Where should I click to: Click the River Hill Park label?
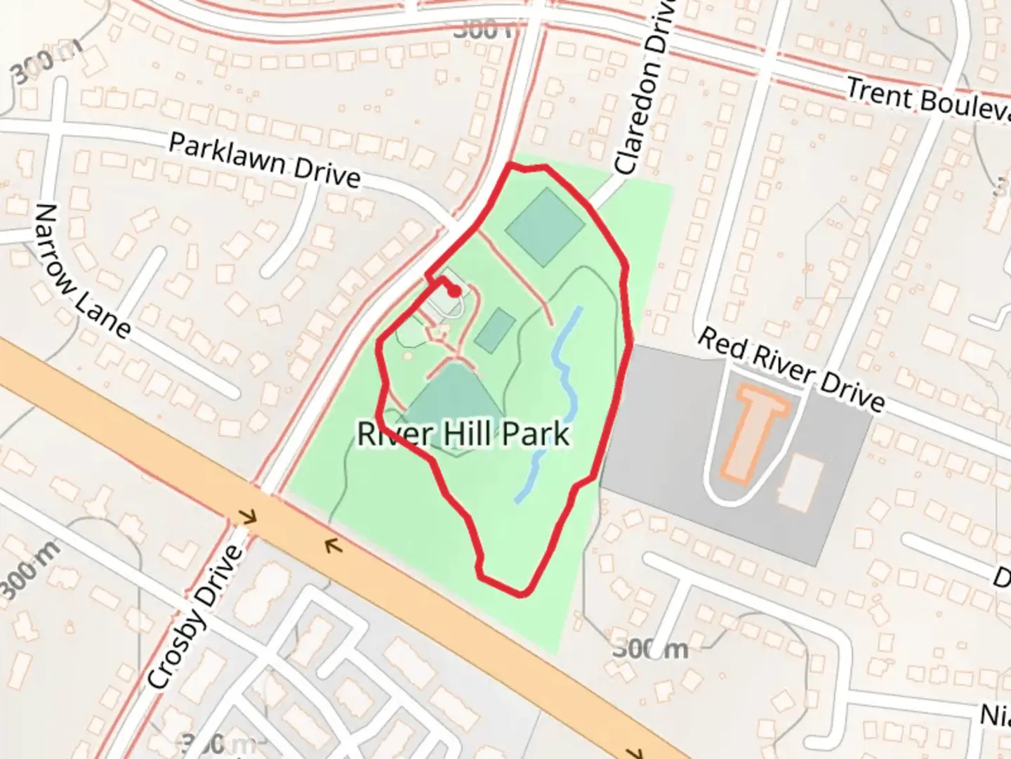pyautogui.click(x=463, y=434)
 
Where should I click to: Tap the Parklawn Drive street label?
pyautogui.click(x=265, y=161)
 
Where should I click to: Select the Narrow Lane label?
pyautogui.click(x=81, y=271)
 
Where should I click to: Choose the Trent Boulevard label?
pyautogui.click(x=927, y=100)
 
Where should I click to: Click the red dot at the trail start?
pyautogui.click(x=455, y=291)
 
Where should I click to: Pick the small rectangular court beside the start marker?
pyautogui.click(x=495, y=330)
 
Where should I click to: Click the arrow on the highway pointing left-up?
pyautogui.click(x=333, y=544)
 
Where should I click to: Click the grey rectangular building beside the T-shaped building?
pyautogui.click(x=801, y=481)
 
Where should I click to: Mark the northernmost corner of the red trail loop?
pyautogui.click(x=511, y=165)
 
